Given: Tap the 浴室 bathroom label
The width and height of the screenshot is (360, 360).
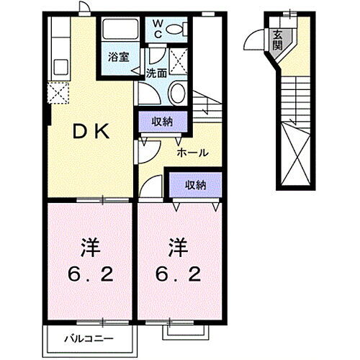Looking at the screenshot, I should tap(120, 57).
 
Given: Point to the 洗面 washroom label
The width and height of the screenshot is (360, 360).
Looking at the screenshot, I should tap(156, 73).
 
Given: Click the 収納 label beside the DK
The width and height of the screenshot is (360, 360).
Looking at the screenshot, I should tap(162, 120).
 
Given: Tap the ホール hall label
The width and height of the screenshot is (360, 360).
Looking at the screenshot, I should tap(194, 153).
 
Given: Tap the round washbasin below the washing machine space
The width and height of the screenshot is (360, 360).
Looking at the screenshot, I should tap(177, 91).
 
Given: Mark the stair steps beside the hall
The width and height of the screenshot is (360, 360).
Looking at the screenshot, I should tap(206, 108).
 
